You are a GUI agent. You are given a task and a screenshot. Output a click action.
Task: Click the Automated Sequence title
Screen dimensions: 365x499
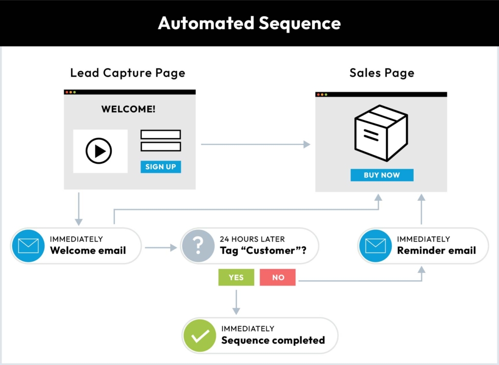point(249,23)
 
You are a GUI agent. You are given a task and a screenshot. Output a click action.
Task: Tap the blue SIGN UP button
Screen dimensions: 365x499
point(161,167)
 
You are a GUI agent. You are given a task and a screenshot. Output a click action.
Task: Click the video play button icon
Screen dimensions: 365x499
point(99,151)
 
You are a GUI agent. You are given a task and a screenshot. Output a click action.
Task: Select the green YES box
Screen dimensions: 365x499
point(236,277)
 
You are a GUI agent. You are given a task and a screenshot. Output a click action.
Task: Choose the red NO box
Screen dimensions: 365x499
point(278,277)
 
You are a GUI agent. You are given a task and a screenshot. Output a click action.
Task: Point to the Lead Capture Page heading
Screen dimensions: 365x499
point(128,73)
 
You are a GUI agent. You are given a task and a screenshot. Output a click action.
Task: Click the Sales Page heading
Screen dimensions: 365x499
point(382,73)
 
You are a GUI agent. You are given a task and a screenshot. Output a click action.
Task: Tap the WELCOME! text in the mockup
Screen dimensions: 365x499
point(129,109)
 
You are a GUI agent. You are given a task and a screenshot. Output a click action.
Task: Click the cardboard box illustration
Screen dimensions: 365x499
point(381,133)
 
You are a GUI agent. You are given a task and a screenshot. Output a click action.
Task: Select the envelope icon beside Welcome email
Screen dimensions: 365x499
point(28,246)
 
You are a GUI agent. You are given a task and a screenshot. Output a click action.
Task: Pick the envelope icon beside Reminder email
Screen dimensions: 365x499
point(375,246)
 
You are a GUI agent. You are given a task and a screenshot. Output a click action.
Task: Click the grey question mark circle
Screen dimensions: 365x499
point(198,246)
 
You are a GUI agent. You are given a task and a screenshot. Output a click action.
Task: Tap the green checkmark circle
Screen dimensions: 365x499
point(200,335)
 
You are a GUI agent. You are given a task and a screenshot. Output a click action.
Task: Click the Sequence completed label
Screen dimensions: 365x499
point(273,340)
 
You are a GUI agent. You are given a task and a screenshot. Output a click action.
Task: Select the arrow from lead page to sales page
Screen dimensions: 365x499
point(255,144)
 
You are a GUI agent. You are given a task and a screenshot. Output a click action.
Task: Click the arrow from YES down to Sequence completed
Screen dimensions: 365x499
point(236,302)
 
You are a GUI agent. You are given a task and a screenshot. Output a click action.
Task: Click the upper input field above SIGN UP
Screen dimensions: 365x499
point(161,134)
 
